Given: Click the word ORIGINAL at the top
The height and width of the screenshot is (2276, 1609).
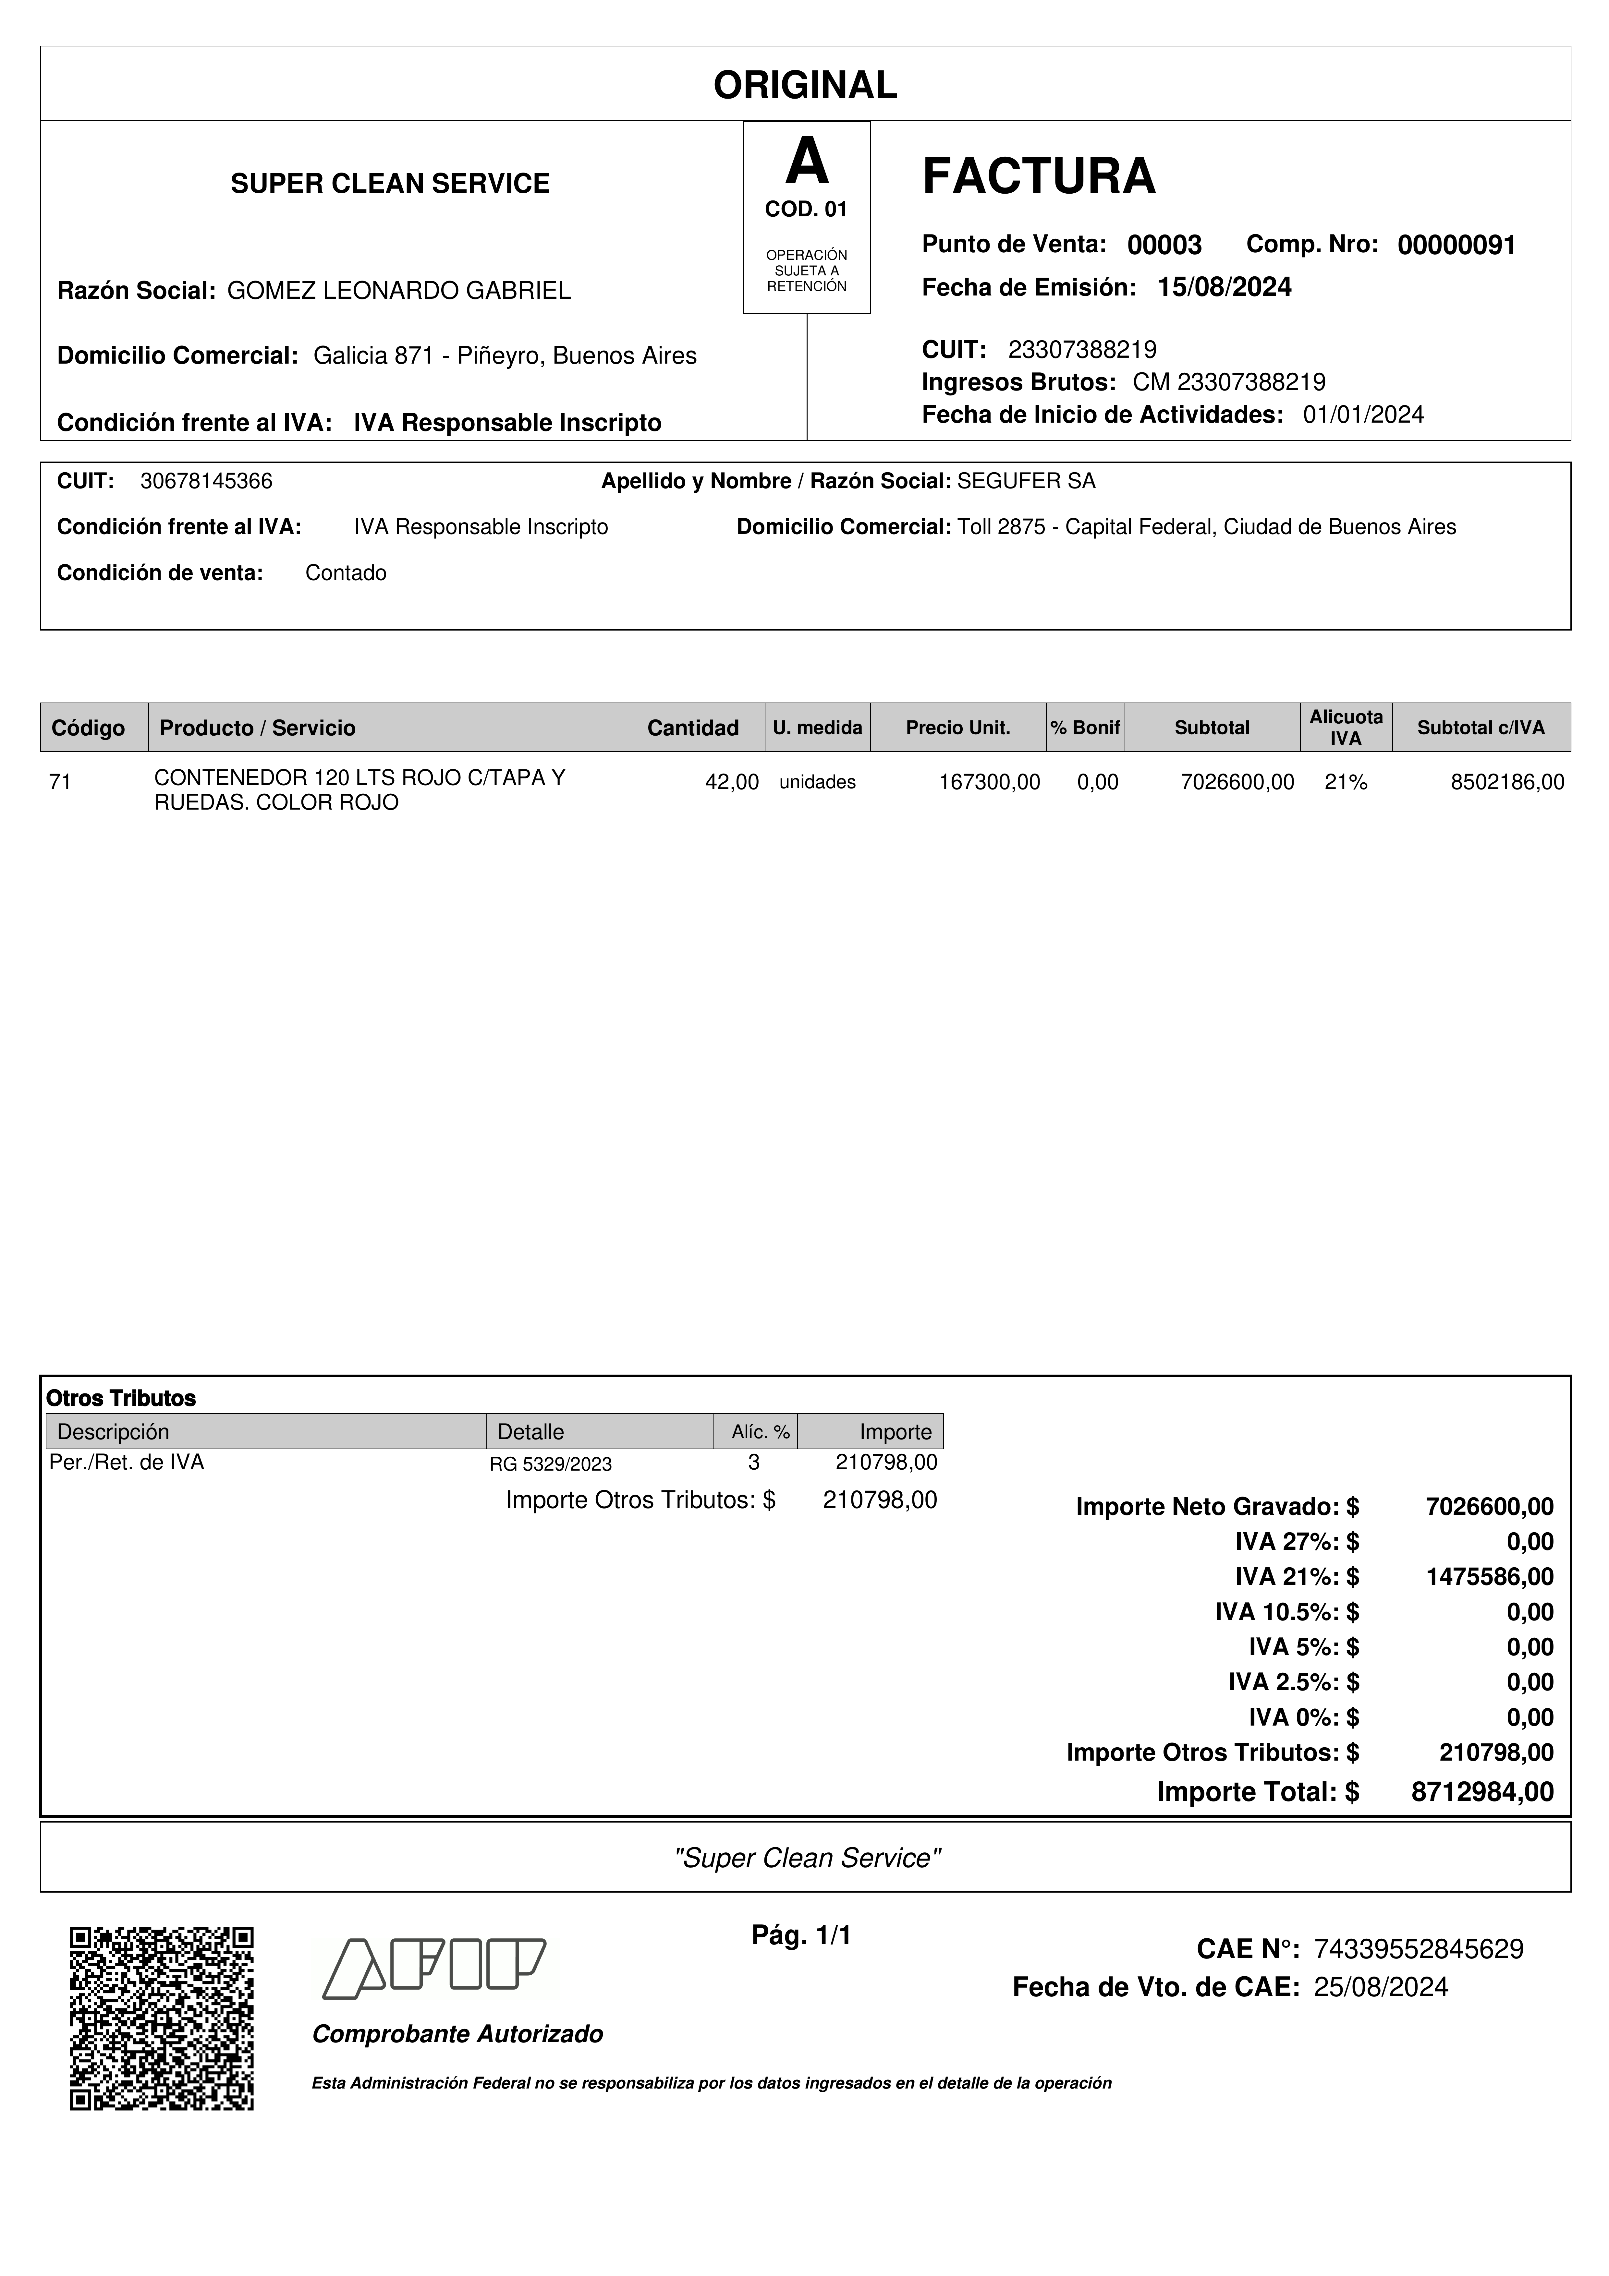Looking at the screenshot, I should (x=805, y=85).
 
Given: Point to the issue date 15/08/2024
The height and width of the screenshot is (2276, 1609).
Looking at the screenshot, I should (x=1224, y=287).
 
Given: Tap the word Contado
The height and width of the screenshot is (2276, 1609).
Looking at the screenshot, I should (x=346, y=573).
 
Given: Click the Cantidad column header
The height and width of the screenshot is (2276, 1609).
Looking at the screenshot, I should (x=693, y=728).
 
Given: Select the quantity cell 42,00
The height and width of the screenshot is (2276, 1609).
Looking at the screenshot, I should (x=732, y=782).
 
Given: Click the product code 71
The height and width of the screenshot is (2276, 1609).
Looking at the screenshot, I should (x=60, y=782).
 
